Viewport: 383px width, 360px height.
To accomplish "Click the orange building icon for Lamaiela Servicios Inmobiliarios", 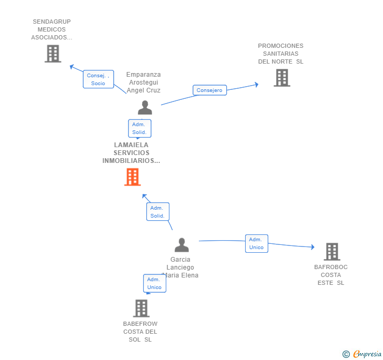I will pyautogui.click(x=133, y=177).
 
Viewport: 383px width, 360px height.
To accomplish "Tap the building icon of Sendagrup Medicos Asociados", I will pyautogui.click(x=53, y=54).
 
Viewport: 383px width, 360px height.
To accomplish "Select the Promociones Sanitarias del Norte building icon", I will pyautogui.click(x=282, y=78).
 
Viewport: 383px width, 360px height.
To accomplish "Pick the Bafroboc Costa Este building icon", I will pyautogui.click(x=332, y=252).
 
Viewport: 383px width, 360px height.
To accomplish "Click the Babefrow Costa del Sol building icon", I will pyautogui.click(x=141, y=308).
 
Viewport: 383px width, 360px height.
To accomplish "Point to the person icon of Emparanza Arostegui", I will pyautogui.click(x=145, y=108).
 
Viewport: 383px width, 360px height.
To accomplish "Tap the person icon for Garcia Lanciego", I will pyautogui.click(x=182, y=245).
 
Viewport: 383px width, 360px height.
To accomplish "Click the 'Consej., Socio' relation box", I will pyautogui.click(x=98, y=79).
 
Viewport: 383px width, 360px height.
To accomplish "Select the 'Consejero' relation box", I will pyautogui.click(x=209, y=90).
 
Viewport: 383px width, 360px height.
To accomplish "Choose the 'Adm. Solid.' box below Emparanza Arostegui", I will pyautogui.click(x=139, y=128).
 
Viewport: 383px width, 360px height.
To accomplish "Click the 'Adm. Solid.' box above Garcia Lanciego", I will pyautogui.click(x=157, y=212).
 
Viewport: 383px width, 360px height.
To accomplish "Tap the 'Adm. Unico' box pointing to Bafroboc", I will pyautogui.click(x=256, y=243).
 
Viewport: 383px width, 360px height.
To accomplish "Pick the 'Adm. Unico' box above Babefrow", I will pyautogui.click(x=155, y=283).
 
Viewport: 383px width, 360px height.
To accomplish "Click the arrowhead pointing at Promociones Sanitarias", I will pyautogui.click(x=256, y=84).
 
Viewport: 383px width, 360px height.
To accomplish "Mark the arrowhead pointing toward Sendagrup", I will pyautogui.click(x=72, y=66).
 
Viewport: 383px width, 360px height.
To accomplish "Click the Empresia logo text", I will pyautogui.click(x=367, y=354).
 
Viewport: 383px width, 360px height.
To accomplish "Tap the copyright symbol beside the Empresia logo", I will pyautogui.click(x=346, y=354).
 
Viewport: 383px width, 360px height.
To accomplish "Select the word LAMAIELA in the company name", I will pyautogui.click(x=131, y=145).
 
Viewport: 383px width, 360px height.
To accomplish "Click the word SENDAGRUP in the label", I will pyautogui.click(x=52, y=22).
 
